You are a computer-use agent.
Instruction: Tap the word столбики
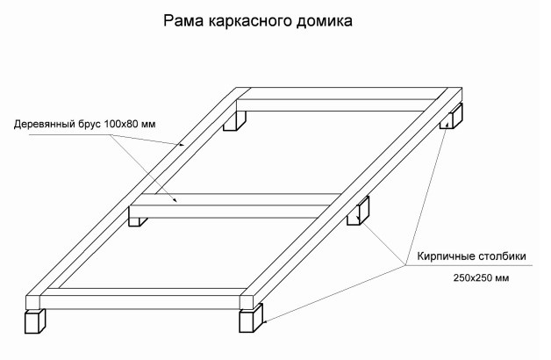click(x=500, y=257)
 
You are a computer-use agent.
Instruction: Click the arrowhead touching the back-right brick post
click(x=447, y=126)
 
